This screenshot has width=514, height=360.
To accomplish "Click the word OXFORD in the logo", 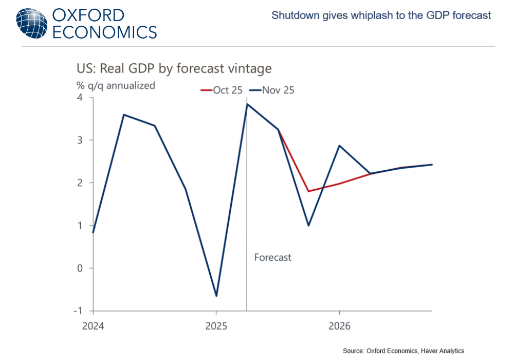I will [88, 14].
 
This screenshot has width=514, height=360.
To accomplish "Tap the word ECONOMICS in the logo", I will [105, 32].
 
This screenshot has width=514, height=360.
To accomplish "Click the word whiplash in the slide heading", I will [371, 15].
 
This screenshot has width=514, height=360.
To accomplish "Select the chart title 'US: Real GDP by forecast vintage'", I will [174, 68].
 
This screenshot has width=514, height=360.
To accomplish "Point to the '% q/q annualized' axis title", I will [116, 86].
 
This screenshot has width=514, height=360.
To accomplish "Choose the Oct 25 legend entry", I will [221, 91].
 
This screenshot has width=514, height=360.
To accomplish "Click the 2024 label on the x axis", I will [93, 326].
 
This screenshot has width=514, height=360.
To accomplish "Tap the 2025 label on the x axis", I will [216, 326].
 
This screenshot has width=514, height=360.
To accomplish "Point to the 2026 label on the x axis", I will [339, 326].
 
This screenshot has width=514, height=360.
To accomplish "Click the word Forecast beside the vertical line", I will [272, 257].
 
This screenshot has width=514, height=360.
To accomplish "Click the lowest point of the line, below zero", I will [216, 296].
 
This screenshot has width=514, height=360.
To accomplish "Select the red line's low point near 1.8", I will [308, 191].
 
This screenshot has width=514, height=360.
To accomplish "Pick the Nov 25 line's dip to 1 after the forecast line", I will [308, 225].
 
